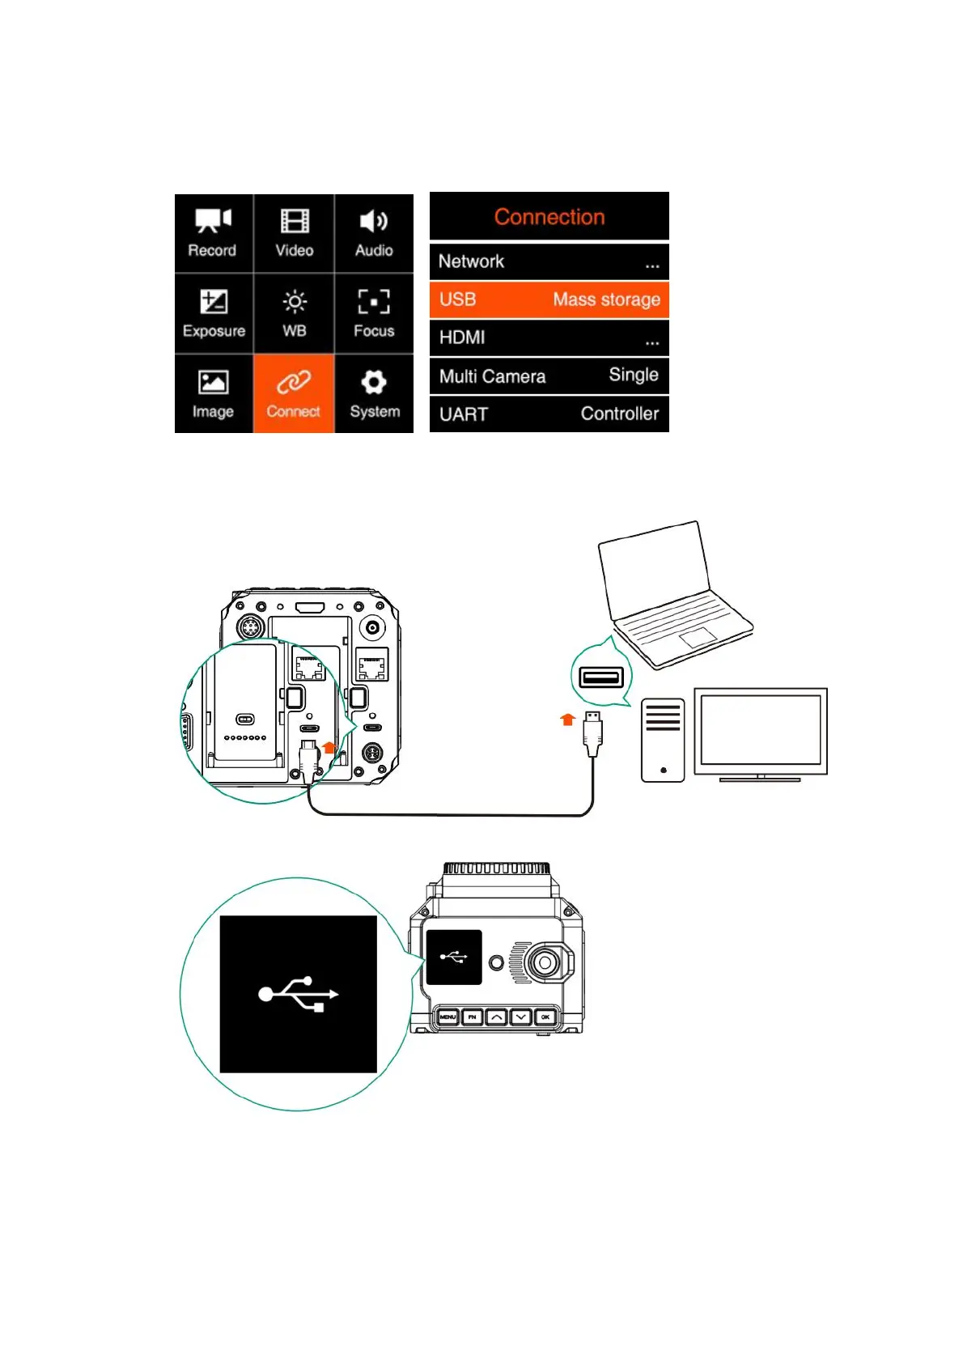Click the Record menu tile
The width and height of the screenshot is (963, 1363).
pyautogui.click(x=214, y=233)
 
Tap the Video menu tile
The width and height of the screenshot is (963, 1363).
pyautogui.click(x=294, y=233)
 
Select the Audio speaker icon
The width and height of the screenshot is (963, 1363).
pyautogui.click(x=374, y=221)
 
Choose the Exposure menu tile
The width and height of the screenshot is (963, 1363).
pyautogui.click(x=214, y=313)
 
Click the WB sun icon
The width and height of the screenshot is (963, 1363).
pyautogui.click(x=295, y=302)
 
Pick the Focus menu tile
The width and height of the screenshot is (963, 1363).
pyautogui.click(x=374, y=313)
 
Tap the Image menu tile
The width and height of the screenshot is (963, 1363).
pyautogui.click(x=214, y=393)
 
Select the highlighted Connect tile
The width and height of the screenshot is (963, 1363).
pyautogui.click(x=294, y=393)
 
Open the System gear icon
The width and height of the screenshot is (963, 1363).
pyautogui.click(x=374, y=382)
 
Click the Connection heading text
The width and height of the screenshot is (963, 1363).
pyautogui.click(x=549, y=217)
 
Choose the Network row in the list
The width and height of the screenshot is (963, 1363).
pyautogui.click(x=549, y=261)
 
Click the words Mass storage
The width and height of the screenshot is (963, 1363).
pyautogui.click(x=606, y=299)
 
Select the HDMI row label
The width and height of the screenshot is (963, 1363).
pyautogui.click(x=462, y=338)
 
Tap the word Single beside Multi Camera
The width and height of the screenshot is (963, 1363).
pyautogui.click(x=633, y=375)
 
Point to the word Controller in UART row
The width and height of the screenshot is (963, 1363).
pyautogui.click(x=619, y=414)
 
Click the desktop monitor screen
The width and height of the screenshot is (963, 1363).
pyautogui.click(x=760, y=729)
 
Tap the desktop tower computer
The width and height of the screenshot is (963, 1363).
pyautogui.click(x=663, y=740)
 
